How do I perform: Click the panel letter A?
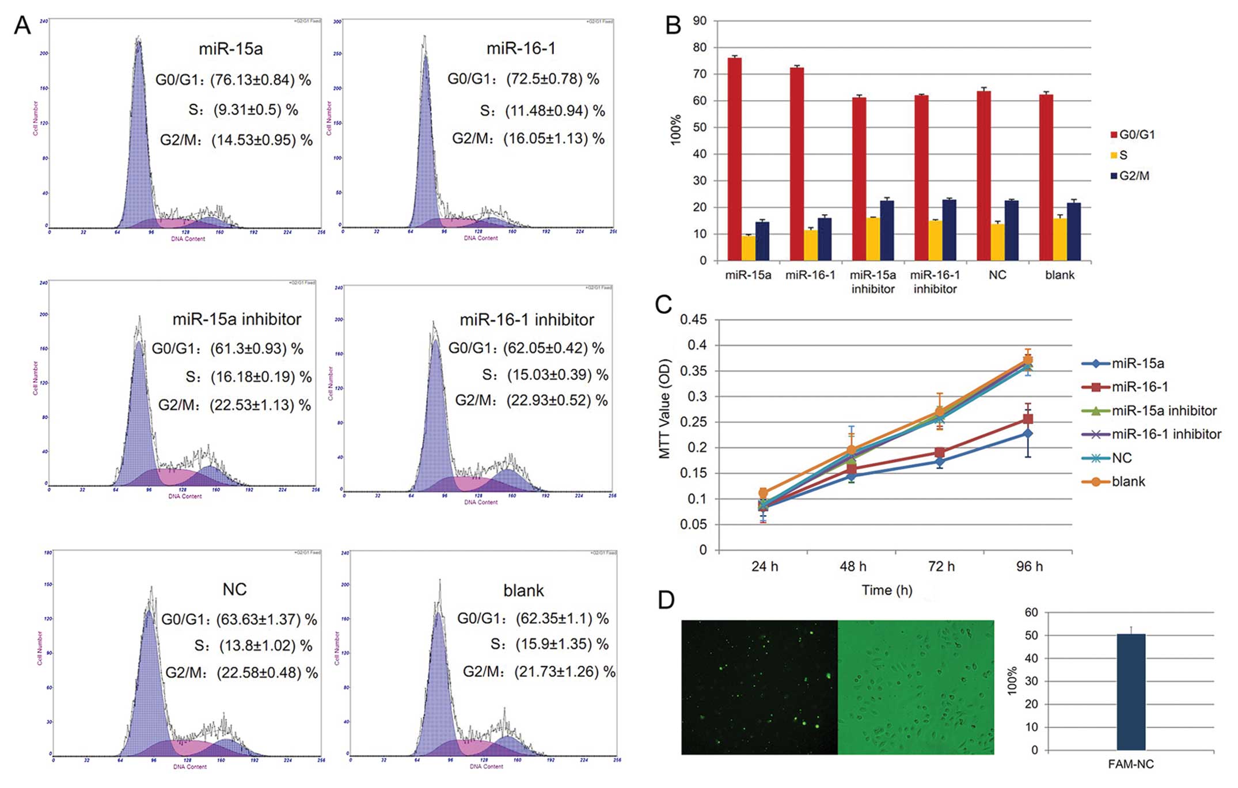[x=22, y=25]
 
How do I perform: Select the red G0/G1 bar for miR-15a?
[x=734, y=159]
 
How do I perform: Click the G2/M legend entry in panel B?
[x=1130, y=176]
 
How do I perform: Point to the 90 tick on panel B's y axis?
[x=700, y=21]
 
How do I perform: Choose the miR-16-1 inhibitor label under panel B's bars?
[x=935, y=282]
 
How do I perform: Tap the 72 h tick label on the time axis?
[x=941, y=566]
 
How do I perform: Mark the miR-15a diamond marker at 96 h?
[x=1028, y=433]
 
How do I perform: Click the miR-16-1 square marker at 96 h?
[x=1028, y=418]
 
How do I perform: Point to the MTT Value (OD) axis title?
[x=665, y=409]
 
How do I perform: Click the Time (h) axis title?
[x=887, y=590]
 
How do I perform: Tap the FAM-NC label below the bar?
[x=1131, y=764]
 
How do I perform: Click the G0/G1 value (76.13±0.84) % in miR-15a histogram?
[x=261, y=79]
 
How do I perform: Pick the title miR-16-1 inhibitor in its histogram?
[x=526, y=319]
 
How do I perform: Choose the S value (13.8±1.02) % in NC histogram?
[x=265, y=646]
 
